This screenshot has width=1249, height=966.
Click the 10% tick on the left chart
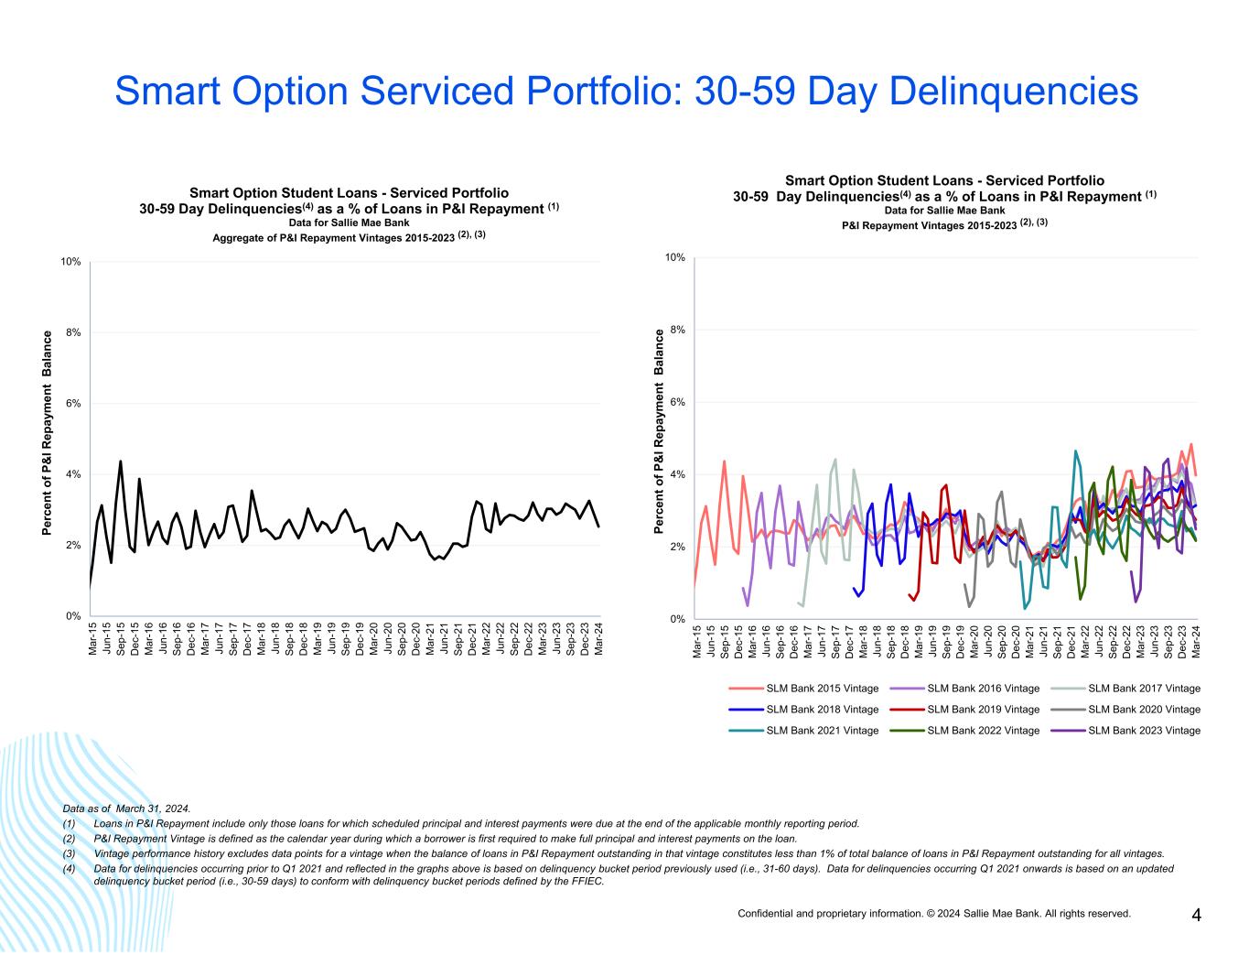click(x=70, y=262)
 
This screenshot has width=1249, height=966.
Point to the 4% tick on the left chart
click(x=72, y=474)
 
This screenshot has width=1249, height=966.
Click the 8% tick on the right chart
click(x=677, y=330)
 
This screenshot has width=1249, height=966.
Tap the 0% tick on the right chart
click(x=677, y=619)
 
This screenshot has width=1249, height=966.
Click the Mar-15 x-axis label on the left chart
click(x=92, y=638)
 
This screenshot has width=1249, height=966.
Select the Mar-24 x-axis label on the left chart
click(x=599, y=638)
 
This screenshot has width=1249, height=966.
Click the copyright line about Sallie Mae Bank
click(x=934, y=913)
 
